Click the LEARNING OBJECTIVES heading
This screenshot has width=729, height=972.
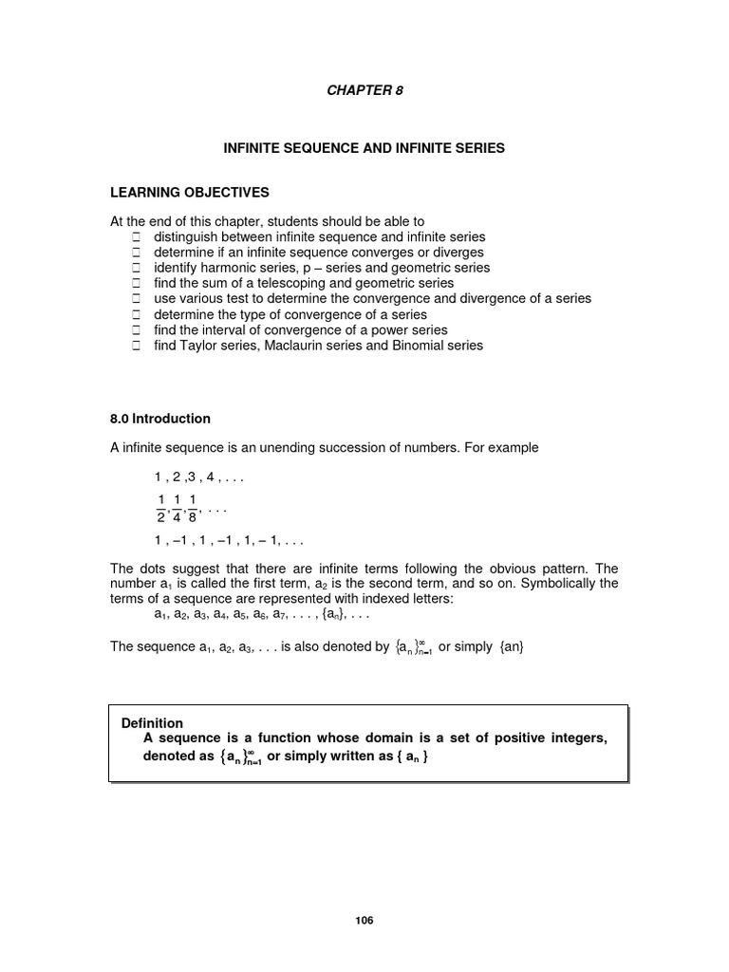(x=190, y=193)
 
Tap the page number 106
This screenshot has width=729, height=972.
(x=364, y=921)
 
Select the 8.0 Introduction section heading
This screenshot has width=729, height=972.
(x=160, y=419)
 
